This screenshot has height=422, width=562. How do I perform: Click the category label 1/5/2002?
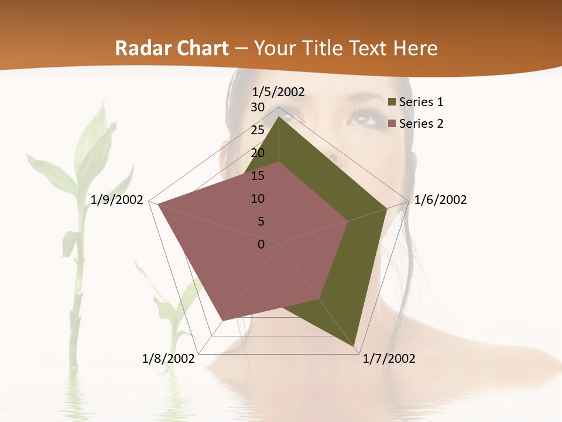(279, 92)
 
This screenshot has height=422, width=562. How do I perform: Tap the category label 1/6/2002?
(440, 200)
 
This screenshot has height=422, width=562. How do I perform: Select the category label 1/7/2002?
(389, 359)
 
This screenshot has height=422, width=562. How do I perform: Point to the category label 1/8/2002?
(169, 359)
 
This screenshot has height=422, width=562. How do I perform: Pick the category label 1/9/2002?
(117, 200)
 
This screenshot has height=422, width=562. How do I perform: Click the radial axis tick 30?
(258, 107)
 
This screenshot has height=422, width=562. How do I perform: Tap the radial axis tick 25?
(258, 130)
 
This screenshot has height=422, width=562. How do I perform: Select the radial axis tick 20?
(258, 153)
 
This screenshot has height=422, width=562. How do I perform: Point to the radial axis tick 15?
(258, 176)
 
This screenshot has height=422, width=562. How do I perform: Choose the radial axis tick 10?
(258, 199)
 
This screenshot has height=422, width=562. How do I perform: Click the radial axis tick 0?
(261, 244)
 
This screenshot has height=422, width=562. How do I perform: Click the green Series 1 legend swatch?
(392, 103)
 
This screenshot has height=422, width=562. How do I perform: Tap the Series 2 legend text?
(421, 124)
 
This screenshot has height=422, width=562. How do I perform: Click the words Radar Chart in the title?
(172, 49)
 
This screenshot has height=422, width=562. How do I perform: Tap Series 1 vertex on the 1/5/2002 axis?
(279, 117)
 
